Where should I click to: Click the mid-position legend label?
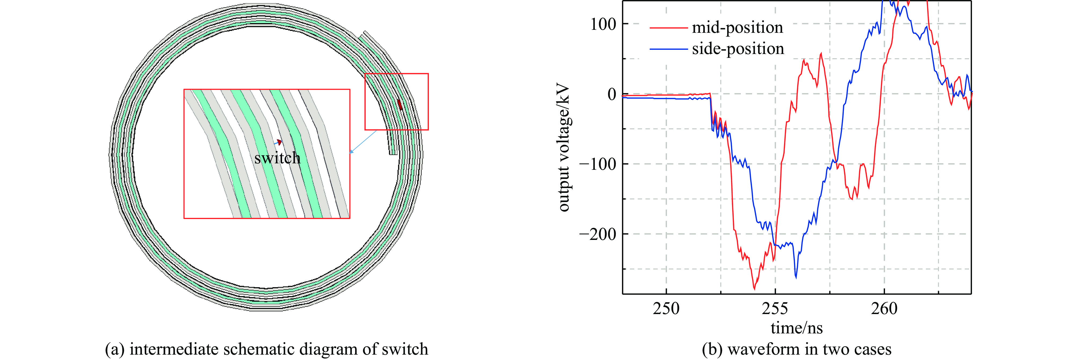(737, 28)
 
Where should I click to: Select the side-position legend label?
(738, 49)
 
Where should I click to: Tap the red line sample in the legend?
(668, 28)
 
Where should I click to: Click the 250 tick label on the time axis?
(666, 308)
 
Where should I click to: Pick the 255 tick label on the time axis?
(775, 308)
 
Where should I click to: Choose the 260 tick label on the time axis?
(884, 308)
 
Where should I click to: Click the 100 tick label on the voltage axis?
(603, 24)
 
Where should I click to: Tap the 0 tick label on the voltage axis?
(612, 94)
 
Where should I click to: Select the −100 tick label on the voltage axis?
(598, 164)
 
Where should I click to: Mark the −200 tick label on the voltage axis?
(598, 234)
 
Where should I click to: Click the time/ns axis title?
(796, 328)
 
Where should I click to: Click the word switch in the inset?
(278, 158)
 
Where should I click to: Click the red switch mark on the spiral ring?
(400, 104)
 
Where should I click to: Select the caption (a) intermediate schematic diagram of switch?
(267, 349)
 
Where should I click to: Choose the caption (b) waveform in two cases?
(796, 349)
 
